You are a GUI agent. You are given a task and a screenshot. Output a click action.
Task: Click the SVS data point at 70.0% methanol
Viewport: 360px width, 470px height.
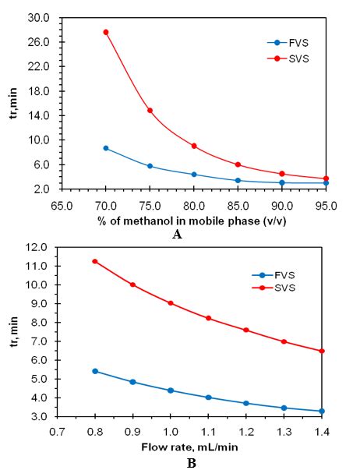(106, 32)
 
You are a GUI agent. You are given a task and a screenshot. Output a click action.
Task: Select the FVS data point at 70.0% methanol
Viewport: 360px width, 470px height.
(106, 148)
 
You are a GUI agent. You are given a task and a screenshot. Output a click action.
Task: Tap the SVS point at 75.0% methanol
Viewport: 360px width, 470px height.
(150, 111)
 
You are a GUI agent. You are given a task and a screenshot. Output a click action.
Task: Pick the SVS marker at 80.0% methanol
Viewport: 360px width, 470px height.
(194, 146)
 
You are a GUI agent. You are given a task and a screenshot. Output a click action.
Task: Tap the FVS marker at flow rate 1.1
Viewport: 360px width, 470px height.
(208, 398)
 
